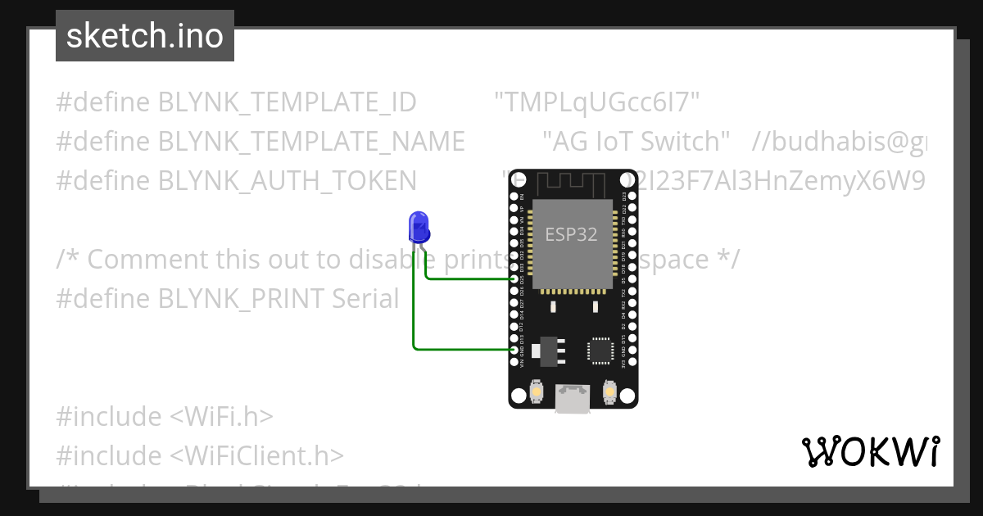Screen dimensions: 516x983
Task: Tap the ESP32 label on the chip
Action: [571, 234]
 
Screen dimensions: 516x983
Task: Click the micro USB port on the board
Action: [573, 399]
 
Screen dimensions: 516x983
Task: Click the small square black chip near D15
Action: [600, 350]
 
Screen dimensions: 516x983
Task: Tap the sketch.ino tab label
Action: [145, 36]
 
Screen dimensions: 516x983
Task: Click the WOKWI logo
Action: [870, 451]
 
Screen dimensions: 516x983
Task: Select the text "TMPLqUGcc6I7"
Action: [597, 102]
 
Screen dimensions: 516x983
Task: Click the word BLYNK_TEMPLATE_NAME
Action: [311, 142]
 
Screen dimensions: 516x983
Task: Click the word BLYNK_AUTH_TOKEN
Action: [287, 180]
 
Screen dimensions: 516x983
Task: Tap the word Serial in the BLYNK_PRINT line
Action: [365, 299]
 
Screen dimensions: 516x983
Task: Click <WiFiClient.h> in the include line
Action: [257, 456]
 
